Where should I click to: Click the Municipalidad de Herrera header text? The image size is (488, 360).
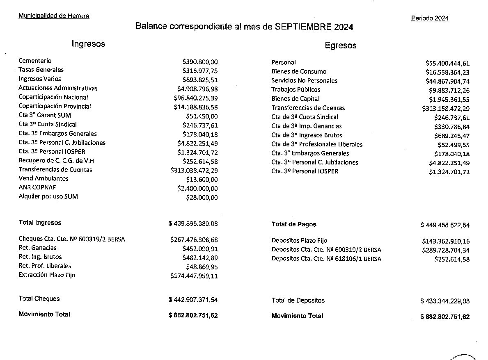coord(54,16)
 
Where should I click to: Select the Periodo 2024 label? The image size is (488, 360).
coord(430,18)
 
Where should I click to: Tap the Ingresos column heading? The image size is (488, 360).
coord(88,44)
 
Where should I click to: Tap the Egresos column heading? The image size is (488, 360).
coord(340,46)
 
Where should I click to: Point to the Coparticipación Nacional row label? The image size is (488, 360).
coord(53,97)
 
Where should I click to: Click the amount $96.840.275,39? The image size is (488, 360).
coord(196,98)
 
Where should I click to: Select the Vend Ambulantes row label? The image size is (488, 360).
coord(44,179)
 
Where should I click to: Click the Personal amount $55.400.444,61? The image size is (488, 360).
coord(447,63)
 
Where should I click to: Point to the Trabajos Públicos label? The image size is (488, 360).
coord(296,90)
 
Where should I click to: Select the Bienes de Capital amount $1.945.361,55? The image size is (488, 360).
coord(449,99)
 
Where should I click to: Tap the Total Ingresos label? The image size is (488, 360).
coord(40,223)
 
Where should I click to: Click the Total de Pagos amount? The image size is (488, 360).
coord(445,225)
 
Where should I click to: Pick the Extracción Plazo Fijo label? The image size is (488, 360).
coord(47,275)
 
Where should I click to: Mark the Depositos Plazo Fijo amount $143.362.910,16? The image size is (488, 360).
coord(446,242)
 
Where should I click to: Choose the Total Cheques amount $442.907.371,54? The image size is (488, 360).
coord(193,300)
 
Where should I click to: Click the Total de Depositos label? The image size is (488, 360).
coord(298,301)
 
